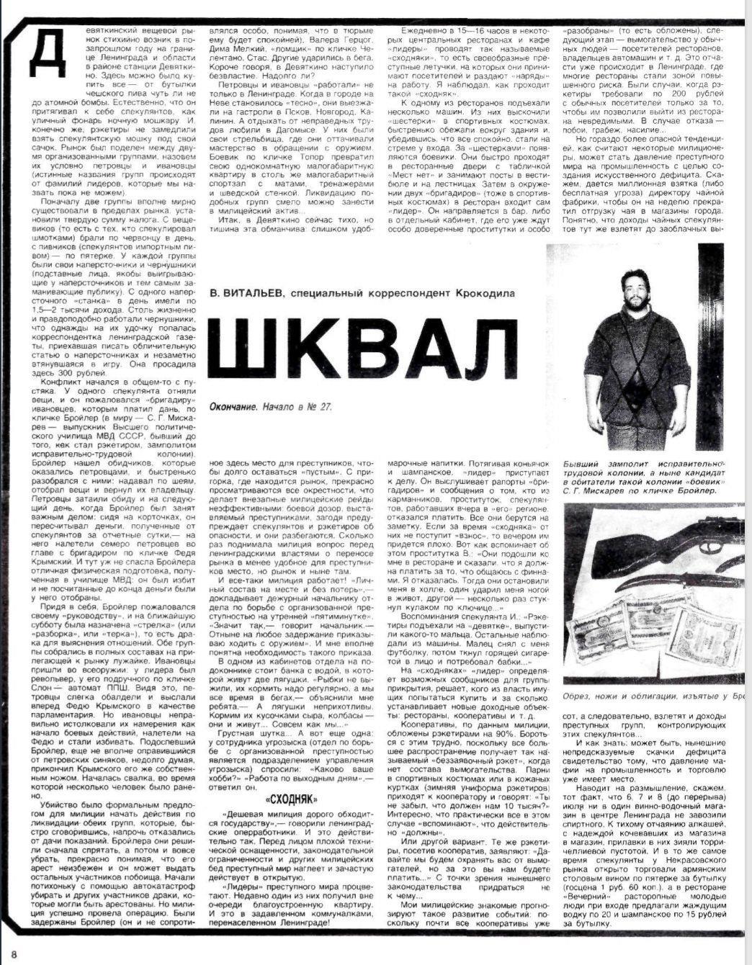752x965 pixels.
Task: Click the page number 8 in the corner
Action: pos(13,954)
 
